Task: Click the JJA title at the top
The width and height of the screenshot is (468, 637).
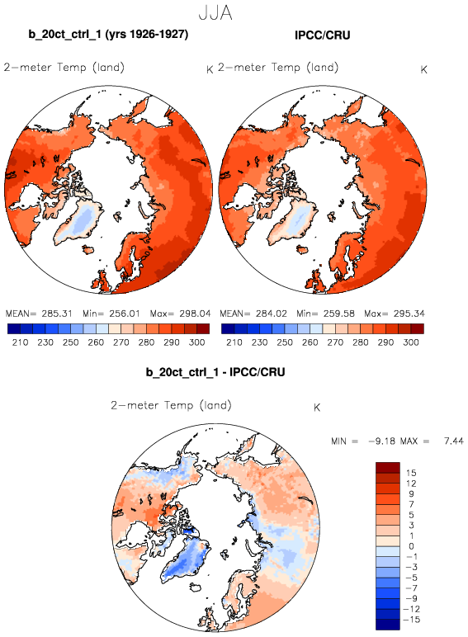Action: pos(215,12)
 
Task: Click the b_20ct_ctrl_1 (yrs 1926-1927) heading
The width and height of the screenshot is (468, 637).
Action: pos(108,34)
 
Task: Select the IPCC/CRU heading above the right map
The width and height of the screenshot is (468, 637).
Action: pos(323,35)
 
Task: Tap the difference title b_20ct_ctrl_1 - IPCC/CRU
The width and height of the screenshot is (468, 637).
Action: pos(215,372)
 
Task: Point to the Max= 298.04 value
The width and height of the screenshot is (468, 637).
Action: pos(181,314)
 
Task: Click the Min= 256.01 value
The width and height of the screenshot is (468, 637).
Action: pos(111,314)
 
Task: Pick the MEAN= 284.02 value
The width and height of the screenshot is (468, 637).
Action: pos(253,314)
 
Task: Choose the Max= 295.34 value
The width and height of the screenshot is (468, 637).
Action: pos(395,314)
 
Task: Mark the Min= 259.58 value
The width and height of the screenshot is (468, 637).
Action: pos(325,314)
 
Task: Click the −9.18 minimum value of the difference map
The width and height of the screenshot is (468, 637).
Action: pos(382,441)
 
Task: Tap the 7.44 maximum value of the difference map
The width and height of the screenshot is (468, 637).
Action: pos(454,441)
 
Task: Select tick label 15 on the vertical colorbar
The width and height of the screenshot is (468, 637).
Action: pos(411,473)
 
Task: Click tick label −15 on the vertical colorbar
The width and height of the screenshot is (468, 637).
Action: pos(411,620)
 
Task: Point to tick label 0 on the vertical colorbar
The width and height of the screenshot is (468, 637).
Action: pos(411,546)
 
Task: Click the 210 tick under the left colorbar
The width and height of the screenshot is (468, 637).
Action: pos(21,342)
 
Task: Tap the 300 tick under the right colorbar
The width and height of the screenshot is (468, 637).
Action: pos(411,342)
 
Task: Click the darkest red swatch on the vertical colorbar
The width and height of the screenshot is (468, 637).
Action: pos(388,468)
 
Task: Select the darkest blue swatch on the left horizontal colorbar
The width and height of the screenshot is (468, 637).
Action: pos(14,328)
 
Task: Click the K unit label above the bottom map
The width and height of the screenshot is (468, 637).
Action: pos(317,408)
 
